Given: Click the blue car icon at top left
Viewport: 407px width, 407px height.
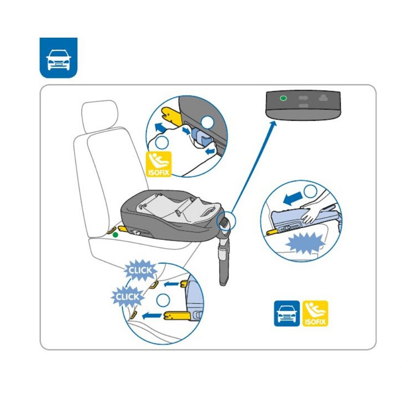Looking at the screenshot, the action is click(x=58, y=58).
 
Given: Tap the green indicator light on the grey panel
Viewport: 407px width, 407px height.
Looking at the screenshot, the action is click(x=283, y=98).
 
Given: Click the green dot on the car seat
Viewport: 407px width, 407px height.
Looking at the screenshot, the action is click(x=115, y=235).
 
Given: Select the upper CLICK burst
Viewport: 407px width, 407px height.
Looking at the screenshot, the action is click(x=140, y=270).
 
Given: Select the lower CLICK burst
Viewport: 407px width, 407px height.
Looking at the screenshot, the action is click(x=127, y=297).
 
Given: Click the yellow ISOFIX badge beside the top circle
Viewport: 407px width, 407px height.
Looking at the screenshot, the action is click(x=158, y=164).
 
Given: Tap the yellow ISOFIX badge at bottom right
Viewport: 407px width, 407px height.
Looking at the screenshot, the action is click(x=315, y=313).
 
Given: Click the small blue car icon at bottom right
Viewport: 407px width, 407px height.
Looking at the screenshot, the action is click(x=287, y=313).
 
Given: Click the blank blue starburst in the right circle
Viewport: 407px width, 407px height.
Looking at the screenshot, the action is click(x=305, y=243).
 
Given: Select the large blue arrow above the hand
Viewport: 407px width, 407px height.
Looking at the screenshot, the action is click(x=293, y=199).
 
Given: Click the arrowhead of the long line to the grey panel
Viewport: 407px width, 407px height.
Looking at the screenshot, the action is click(x=273, y=123).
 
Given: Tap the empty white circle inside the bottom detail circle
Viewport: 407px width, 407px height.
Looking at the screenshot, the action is click(x=163, y=300).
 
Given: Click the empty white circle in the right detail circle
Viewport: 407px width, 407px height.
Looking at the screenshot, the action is click(x=310, y=191).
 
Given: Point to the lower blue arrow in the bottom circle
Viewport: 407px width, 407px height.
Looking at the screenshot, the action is click(x=152, y=316).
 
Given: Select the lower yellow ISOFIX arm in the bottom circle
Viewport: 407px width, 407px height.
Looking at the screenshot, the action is click(x=177, y=316).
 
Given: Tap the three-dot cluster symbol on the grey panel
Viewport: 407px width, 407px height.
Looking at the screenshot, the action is click(x=323, y=98).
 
